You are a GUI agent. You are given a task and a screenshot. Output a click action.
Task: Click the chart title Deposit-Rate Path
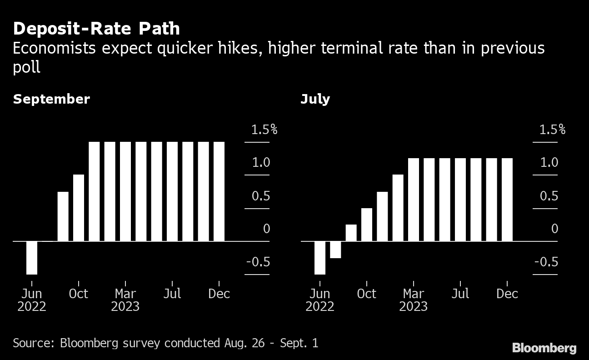coord(96,29)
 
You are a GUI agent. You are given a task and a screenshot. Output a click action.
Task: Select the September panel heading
coord(51,99)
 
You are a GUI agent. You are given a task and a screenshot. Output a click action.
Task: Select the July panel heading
coord(315,99)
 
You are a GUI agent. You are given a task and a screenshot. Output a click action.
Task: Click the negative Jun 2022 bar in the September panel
coord(32,257)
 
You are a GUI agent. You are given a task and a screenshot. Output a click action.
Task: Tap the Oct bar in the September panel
coord(79,207)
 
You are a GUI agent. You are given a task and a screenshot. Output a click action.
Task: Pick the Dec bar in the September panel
coord(219,191)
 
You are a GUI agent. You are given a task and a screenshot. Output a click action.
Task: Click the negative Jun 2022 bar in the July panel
coord(320,257)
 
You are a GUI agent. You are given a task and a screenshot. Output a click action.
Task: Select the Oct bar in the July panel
coord(367,224)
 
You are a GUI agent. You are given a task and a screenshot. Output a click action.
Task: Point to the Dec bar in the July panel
coord(507,199)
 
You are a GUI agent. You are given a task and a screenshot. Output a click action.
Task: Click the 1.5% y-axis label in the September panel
coord(264,130)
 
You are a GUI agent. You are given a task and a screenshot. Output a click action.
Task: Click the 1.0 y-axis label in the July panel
coord(549,162)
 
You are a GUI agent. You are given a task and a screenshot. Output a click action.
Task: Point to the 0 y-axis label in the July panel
coord(554,229)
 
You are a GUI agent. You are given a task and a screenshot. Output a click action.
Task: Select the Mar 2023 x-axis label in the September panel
coord(125,300)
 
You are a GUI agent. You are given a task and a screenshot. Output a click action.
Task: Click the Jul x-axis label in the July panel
coord(460,294)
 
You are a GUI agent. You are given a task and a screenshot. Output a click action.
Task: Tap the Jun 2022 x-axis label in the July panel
coord(320,300)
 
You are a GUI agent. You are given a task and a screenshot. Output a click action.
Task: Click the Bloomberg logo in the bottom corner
coord(544,348)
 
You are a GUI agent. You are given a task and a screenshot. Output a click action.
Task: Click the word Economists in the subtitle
coord(54,48)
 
